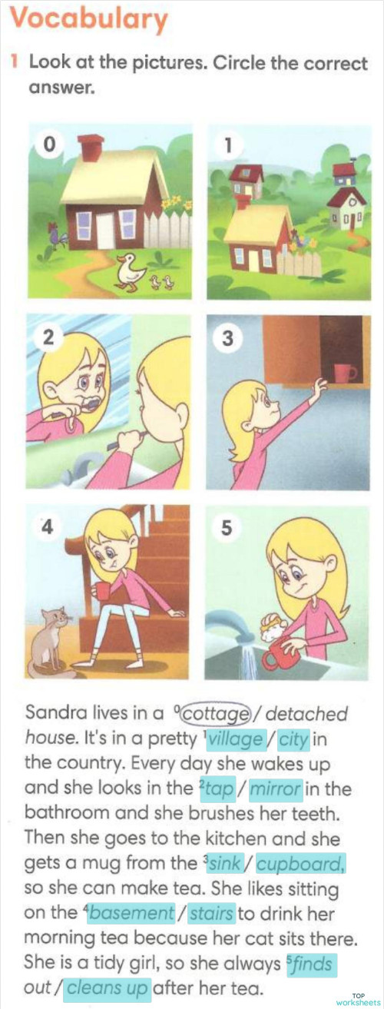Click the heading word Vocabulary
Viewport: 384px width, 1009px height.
point(89,19)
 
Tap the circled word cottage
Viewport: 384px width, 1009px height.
point(217,714)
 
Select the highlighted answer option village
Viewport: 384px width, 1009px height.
point(236,739)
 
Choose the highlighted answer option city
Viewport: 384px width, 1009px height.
point(293,739)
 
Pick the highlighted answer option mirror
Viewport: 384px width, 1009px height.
point(276,789)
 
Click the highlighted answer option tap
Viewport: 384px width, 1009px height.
point(217,789)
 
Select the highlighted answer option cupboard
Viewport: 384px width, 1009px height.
point(301,864)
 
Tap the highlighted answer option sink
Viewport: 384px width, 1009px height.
point(225,864)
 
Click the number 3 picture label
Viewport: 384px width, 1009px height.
point(228,338)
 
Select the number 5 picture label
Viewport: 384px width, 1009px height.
point(227,527)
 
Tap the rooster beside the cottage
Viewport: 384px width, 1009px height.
point(58,235)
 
